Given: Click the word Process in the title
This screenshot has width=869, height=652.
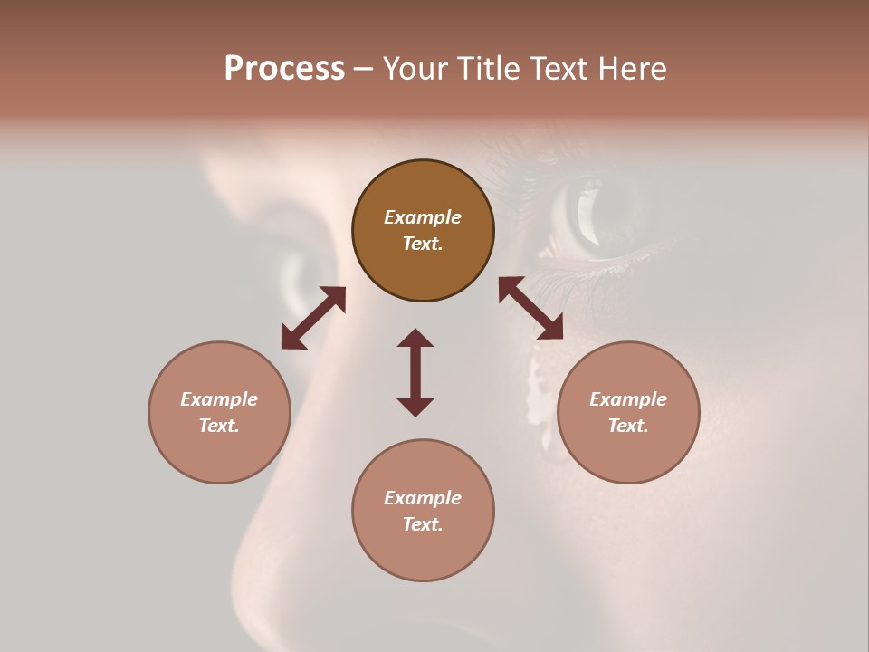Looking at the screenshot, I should (x=284, y=69).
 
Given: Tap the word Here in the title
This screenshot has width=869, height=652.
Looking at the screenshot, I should (x=632, y=69).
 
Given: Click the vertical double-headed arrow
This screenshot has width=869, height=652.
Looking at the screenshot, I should (x=415, y=372).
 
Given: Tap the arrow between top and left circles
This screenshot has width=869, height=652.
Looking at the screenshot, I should (x=313, y=318).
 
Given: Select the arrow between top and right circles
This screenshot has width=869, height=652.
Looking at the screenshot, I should (x=530, y=309).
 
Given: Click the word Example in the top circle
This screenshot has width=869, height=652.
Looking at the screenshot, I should (x=423, y=217).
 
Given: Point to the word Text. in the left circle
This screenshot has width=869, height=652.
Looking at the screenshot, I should (x=219, y=426).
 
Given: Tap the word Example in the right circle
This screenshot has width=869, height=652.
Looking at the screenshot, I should (x=628, y=399).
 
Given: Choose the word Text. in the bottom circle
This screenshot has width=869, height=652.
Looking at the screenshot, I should (x=423, y=524).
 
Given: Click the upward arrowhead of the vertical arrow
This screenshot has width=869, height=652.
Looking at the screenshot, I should (x=415, y=338).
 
